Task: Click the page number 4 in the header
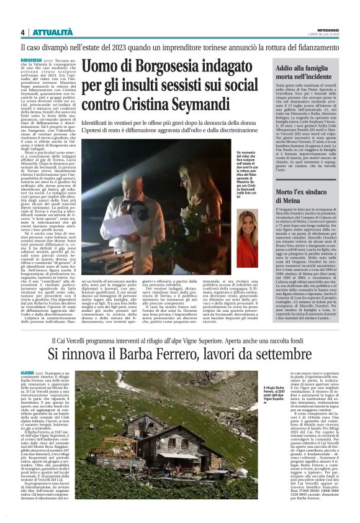pyautogui.click(x=22, y=32)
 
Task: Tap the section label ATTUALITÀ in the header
pyautogui.click(x=53, y=32)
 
